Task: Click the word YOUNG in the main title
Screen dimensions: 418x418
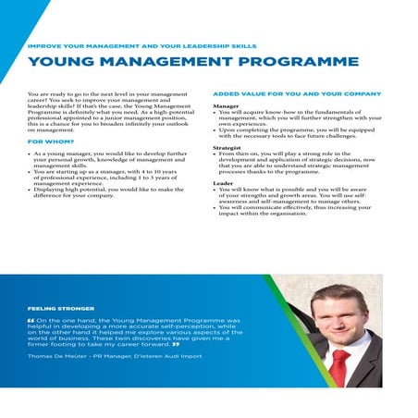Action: [x=63, y=63]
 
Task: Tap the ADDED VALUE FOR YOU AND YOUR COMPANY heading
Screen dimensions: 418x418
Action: [x=297, y=94]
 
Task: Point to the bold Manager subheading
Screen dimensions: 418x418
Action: [x=227, y=106]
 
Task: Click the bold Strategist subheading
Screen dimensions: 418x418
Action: [x=228, y=147]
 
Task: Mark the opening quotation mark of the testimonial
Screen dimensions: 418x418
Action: [x=32, y=321]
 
